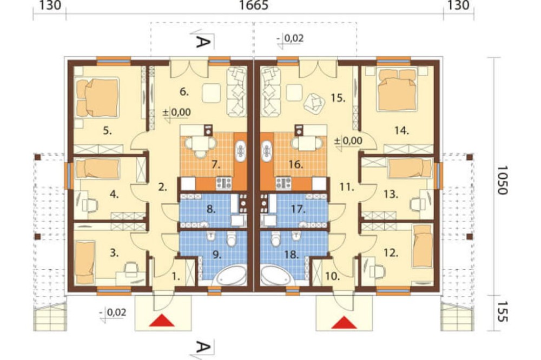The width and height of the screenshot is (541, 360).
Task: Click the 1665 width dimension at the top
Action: (x=253, y=5)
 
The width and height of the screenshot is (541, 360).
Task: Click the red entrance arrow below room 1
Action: (x=161, y=320)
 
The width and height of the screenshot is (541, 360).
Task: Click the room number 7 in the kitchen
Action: (x=216, y=165)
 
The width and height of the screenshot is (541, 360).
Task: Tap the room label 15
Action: (x=338, y=98)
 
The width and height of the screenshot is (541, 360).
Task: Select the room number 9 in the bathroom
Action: (x=216, y=255)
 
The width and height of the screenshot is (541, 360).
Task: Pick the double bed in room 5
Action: (x=98, y=97)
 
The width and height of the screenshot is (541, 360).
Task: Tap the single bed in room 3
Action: (x=84, y=258)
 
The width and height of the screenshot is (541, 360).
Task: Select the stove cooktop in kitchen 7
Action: (x=223, y=183)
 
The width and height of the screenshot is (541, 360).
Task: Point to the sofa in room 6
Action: (x=237, y=91)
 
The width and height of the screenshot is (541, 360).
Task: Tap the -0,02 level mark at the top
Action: (x=290, y=39)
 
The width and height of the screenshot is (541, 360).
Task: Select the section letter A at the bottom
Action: (x=203, y=347)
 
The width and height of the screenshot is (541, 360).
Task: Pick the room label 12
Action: (x=391, y=253)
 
